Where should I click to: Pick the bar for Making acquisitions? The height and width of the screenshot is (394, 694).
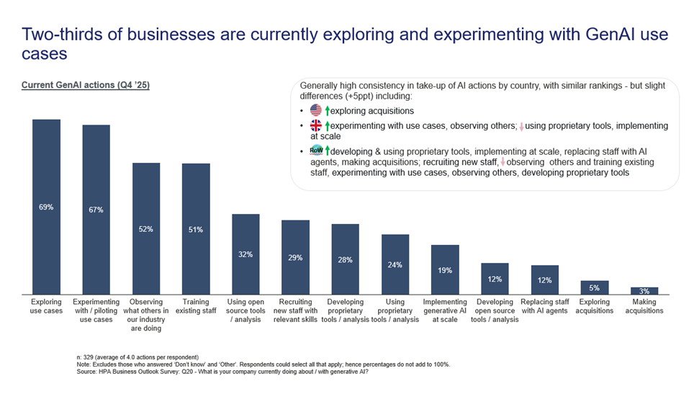tap(644, 291)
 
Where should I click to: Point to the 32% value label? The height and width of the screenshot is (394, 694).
tap(245, 254)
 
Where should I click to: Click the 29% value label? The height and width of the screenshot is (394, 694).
tap(295, 257)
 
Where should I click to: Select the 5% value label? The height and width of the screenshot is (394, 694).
tap(595, 287)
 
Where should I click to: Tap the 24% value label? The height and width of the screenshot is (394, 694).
tap(395, 264)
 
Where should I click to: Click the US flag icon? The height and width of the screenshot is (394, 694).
tap(316, 111)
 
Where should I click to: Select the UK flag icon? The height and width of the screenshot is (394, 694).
tap(316, 126)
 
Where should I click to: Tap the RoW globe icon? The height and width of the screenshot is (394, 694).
tap(316, 151)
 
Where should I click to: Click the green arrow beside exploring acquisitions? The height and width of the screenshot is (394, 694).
tap(327, 111)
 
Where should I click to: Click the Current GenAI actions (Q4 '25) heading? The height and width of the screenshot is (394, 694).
tap(86, 85)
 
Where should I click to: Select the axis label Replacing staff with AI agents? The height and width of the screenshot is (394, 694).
tap(544, 306)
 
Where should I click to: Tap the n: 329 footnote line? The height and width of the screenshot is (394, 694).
tap(138, 357)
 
